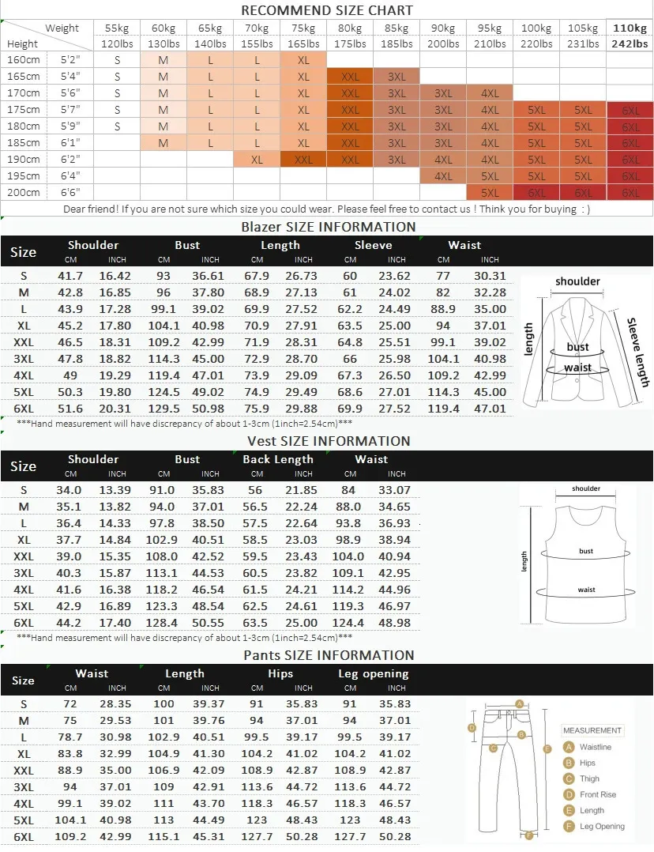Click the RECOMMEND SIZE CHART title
[x=326, y=10]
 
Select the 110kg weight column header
[x=630, y=28]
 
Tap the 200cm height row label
[x=23, y=192]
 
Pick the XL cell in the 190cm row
[x=257, y=159]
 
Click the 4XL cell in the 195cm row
[x=443, y=176]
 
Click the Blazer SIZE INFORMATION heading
[x=328, y=227]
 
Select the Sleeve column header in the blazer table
[x=373, y=245]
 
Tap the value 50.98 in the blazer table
[x=210, y=409]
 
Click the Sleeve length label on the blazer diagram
[x=637, y=352]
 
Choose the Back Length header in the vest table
[x=278, y=459]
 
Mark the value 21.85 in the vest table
[x=303, y=490]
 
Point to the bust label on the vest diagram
[x=586, y=551]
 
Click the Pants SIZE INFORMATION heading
[x=329, y=655]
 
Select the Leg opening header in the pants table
[x=373, y=673]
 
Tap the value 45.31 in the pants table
[x=210, y=837]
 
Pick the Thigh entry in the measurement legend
[x=589, y=778]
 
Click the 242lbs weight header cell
[x=630, y=44]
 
